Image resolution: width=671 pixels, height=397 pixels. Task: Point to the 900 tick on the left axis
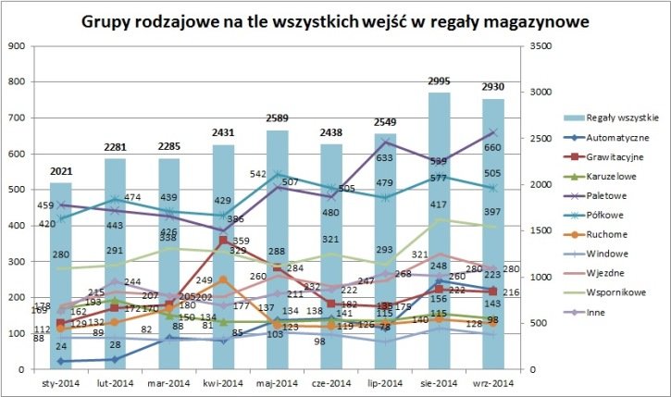coord(17,46)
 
